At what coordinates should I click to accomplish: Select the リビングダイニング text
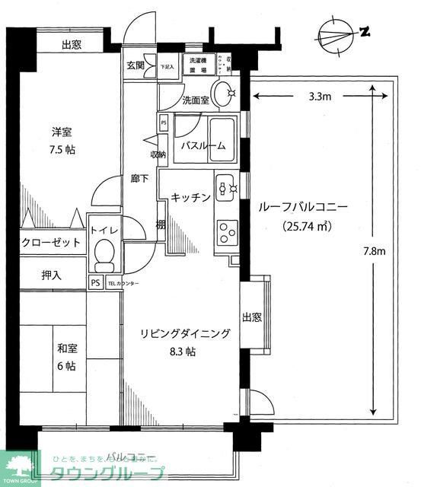[184, 333]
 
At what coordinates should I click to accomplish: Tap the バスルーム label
[203, 146]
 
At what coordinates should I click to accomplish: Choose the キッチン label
[190, 197]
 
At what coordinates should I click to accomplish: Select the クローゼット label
[51, 242]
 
